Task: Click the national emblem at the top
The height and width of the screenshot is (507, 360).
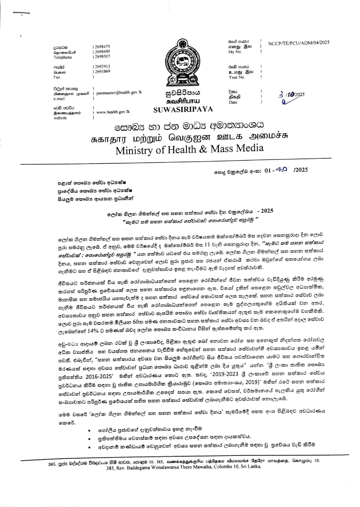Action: pos(183,65)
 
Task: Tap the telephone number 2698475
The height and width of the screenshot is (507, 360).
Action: pos(102,46)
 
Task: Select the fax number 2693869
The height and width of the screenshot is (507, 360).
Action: pos(102,71)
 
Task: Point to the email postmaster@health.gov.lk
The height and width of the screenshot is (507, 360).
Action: pos(119,92)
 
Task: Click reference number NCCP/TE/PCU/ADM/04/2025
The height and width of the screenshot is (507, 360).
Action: pos(299,42)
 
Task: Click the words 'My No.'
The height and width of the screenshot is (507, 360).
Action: pos(234,52)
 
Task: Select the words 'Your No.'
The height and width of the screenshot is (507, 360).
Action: pos(236,77)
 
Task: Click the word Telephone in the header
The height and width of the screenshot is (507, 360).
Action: pos(63,57)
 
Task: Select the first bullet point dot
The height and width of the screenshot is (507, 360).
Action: pos(90,430)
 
